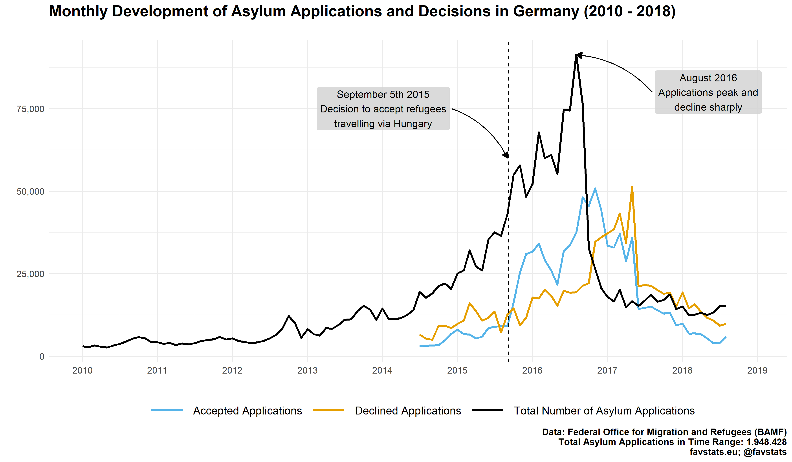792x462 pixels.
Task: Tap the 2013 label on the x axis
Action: [x=307, y=370]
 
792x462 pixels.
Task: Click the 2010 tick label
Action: [x=82, y=370]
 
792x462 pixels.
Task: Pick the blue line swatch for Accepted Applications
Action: [x=167, y=411]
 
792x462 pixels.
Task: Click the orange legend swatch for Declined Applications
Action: [x=328, y=411]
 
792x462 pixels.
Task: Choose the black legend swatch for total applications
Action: [x=488, y=411]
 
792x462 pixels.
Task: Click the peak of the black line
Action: [x=576, y=55]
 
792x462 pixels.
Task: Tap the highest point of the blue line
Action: [x=595, y=189]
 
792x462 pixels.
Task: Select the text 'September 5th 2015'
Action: [x=383, y=94]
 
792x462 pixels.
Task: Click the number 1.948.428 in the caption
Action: [x=766, y=442]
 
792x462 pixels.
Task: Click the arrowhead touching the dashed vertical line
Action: [x=506, y=155]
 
